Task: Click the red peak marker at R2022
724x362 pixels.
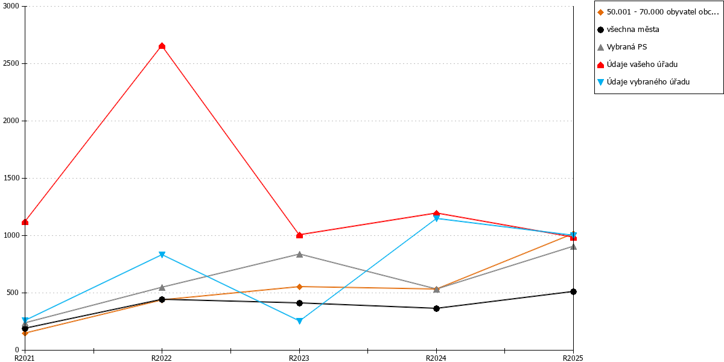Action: pos(162,46)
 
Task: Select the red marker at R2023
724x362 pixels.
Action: pos(299,235)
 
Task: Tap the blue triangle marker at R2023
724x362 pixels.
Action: pos(299,321)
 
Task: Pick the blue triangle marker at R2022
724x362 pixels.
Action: pos(162,255)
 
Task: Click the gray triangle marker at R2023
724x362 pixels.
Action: pos(299,255)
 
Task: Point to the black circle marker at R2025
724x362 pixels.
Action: pos(573,291)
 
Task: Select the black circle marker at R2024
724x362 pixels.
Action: pos(436,308)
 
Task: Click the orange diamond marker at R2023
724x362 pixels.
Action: pos(299,287)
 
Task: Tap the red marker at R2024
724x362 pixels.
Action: pos(436,214)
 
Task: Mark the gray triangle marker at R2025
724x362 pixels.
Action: pos(573,247)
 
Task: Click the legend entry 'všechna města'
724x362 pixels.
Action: pos(628,30)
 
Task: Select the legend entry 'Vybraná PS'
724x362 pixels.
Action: pos(622,47)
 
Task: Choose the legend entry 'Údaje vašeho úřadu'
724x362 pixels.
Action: pos(637,65)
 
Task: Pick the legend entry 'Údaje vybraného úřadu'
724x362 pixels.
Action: pos(643,82)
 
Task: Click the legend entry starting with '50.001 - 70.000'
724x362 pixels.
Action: pos(658,12)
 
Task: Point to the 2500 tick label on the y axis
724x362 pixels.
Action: pos(11,63)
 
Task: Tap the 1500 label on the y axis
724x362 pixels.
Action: pos(11,178)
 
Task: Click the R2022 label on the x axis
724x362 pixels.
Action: pos(162,358)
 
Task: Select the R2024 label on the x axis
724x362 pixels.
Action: pos(436,358)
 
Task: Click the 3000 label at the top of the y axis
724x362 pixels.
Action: pos(11,6)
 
